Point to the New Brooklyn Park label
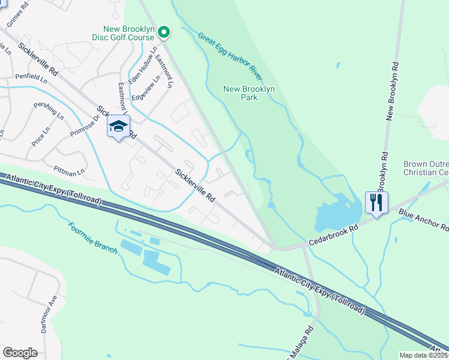(249, 93)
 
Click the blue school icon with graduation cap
(118, 127)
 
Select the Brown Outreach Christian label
(426, 168)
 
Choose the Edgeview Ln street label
(147, 88)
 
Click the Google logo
(20, 353)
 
